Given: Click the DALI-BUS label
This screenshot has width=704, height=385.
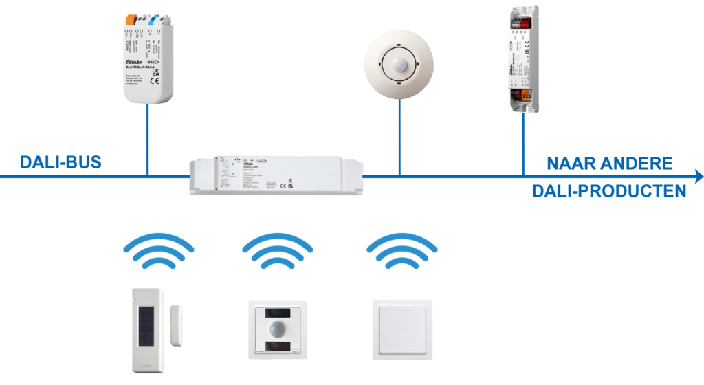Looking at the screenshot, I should (x=60, y=163).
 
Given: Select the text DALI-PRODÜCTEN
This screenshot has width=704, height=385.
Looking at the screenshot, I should (x=608, y=190).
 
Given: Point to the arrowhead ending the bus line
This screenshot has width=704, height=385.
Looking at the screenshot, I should (x=698, y=177).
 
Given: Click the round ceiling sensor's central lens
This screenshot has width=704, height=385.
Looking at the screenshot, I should (x=399, y=64).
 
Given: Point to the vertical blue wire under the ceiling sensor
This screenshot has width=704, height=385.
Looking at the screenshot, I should (x=399, y=137).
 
